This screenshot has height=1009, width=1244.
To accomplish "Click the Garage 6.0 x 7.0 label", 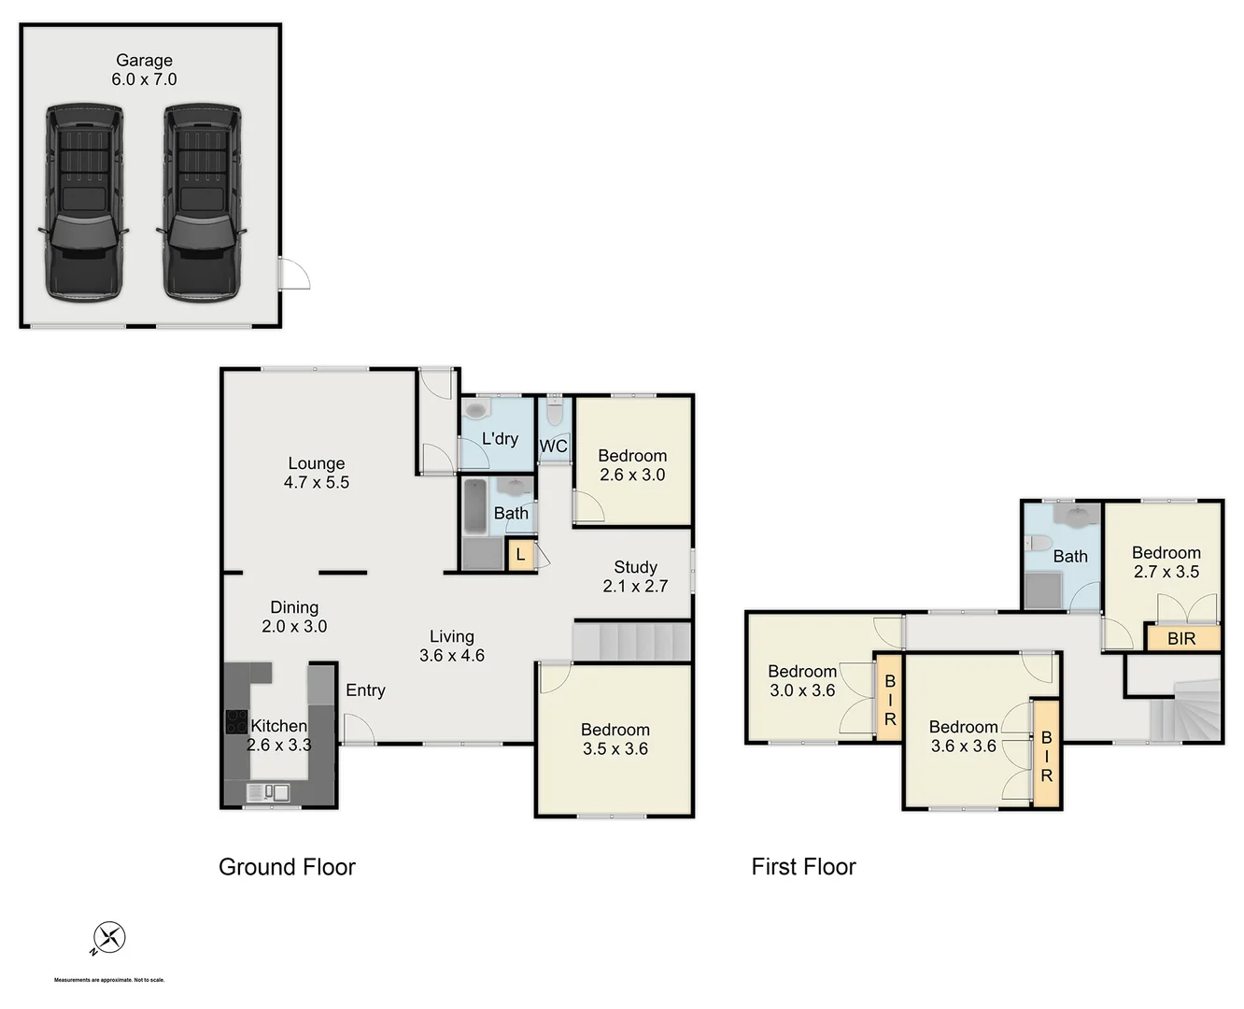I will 144,70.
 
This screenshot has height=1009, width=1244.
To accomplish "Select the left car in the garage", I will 83,201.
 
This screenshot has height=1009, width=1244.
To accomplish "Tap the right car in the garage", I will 203,201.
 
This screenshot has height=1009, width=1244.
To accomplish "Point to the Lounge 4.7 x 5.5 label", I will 317,473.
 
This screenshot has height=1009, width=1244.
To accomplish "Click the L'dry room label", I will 500,438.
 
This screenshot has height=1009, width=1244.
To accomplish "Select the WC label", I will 553,447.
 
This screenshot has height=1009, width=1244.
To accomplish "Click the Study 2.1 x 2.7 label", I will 635,576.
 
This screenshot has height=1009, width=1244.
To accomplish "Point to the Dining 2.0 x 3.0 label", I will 294,617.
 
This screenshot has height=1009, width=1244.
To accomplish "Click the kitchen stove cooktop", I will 236,722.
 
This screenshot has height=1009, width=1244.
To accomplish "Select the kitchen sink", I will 268,793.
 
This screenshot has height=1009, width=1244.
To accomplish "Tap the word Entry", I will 365,690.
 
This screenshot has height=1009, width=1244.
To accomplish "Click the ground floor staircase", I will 632,643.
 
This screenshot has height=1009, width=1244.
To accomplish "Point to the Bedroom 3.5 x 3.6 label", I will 615,739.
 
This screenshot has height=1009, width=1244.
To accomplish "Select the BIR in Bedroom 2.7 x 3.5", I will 1181,639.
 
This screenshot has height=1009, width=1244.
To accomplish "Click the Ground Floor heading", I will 287,867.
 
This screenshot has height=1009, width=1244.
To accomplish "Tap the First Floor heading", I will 803,867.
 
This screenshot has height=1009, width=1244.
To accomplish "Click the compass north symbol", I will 108,938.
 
